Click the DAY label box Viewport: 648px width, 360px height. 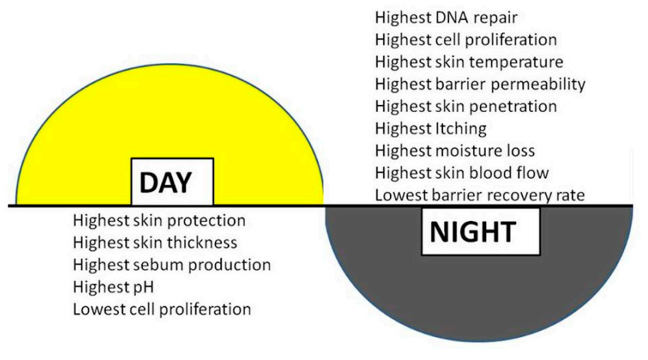(x=172, y=181)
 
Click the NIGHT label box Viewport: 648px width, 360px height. (x=481, y=232)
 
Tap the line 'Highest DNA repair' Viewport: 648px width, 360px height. (x=446, y=18)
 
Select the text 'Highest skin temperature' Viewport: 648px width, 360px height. (x=469, y=62)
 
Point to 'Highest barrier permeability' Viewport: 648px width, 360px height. (x=480, y=84)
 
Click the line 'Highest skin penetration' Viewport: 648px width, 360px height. (x=466, y=107)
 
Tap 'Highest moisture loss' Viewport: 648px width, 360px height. (x=455, y=150)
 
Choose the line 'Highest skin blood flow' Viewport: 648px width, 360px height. (x=461, y=173)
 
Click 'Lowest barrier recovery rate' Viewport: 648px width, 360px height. (x=480, y=195)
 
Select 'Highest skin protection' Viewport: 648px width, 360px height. (x=159, y=221)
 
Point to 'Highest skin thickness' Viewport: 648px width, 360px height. (x=155, y=243)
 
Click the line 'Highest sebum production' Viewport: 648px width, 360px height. (x=172, y=265)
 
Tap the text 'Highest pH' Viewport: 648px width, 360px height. (x=113, y=287)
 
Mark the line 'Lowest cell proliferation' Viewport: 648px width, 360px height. (x=162, y=309)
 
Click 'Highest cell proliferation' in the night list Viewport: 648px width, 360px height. (x=466, y=40)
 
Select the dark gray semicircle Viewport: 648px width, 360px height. (x=479, y=298)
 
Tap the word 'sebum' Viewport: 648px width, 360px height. (x=147, y=265)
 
